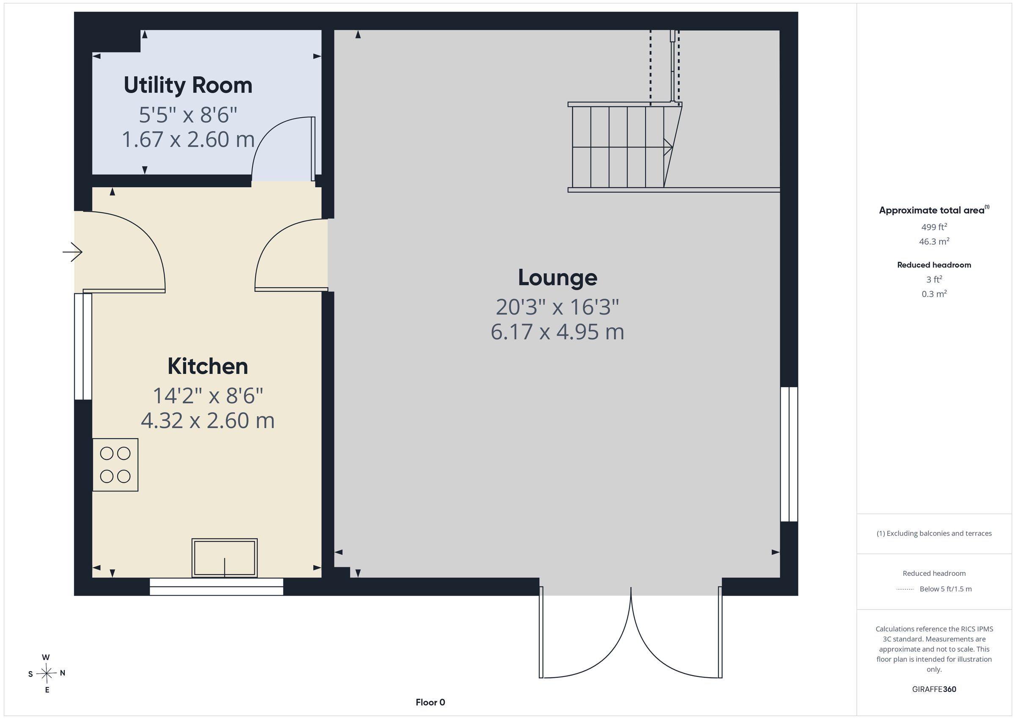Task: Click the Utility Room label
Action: click(x=188, y=85)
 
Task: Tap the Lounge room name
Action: click(x=558, y=278)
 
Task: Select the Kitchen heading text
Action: click(x=207, y=366)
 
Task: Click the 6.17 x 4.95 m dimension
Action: click(x=558, y=332)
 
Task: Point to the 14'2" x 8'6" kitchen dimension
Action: click(x=208, y=395)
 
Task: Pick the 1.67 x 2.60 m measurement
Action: click(x=188, y=139)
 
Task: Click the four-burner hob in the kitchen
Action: click(x=115, y=465)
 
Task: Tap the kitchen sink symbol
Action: click(x=224, y=558)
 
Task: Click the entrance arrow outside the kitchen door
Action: click(x=72, y=252)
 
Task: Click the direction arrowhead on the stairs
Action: click(x=668, y=147)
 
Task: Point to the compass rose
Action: click(x=47, y=674)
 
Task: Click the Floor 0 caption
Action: click(x=430, y=702)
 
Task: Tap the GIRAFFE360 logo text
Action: click(x=934, y=689)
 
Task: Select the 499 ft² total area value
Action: click(x=934, y=227)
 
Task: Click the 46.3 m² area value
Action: click(x=934, y=241)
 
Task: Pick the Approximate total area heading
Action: click(x=934, y=210)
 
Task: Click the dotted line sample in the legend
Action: click(x=906, y=589)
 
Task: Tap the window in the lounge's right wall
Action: click(x=789, y=454)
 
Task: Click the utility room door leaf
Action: click(x=313, y=149)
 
